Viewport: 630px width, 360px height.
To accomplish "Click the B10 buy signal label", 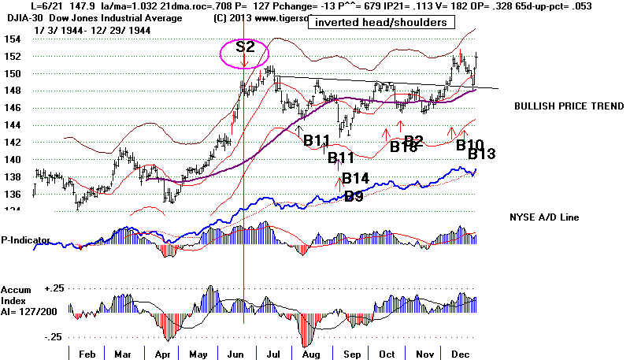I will pyautogui.click(x=470, y=143).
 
